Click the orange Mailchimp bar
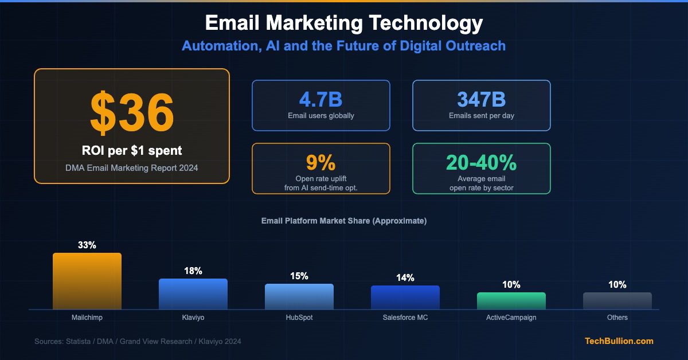pos(87,281)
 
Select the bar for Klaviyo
pos(193,294)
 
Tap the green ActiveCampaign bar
pos(511,301)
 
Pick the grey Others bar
pos(617,301)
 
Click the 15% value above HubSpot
pos(299,276)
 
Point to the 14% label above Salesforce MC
pos(405,277)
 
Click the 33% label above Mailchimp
pos(87,245)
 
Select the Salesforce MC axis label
pos(405,318)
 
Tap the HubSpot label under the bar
pos(299,318)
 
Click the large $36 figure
pos(132,112)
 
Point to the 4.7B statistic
pos(321,99)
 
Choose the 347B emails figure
pos(482,99)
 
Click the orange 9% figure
pos(321,162)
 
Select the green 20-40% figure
pos(482,162)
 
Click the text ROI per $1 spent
pos(132,151)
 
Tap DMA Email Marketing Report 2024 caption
pos(132,167)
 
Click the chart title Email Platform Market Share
pos(344,221)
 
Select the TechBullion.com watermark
pos(619,341)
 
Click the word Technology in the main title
pos(425,24)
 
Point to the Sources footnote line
pos(138,342)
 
